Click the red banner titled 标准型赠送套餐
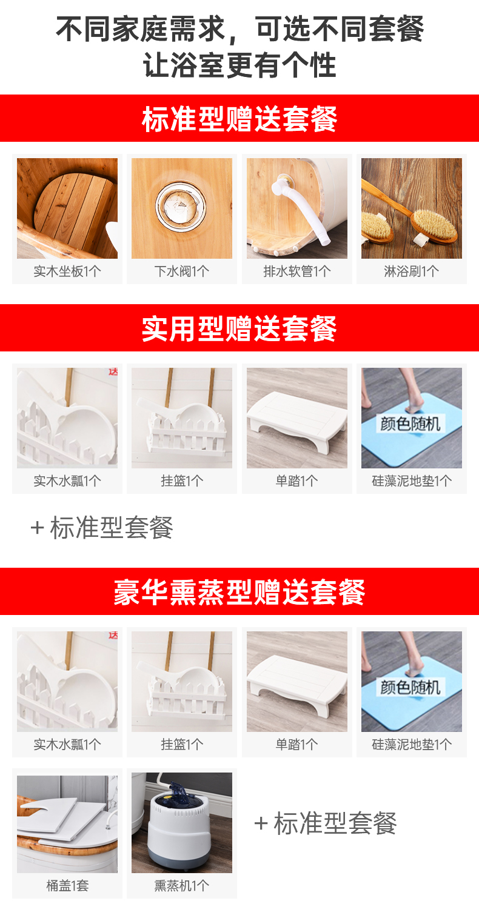click(239, 118)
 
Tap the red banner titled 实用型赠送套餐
click(239, 328)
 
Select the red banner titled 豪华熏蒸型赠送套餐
click(239, 591)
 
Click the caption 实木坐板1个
click(67, 271)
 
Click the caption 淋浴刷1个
click(411, 271)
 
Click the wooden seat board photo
click(67, 208)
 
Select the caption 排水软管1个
click(297, 271)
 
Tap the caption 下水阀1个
click(182, 271)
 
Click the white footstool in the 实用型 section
click(296, 421)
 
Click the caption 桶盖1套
click(67, 885)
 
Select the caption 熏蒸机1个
click(182, 885)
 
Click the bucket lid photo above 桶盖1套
click(67, 824)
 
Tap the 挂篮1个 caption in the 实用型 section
click(182, 480)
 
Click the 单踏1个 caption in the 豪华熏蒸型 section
click(296, 744)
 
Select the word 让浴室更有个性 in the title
click(239, 65)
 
